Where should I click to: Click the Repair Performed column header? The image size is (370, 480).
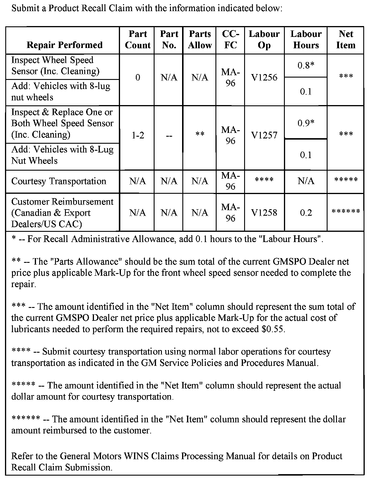click(64, 45)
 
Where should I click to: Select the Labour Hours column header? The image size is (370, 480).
click(306, 40)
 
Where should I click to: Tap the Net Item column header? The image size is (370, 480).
click(346, 40)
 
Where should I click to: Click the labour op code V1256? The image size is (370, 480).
click(264, 78)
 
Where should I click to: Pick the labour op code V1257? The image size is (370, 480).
click(264, 135)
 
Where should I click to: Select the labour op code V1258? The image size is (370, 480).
click(264, 213)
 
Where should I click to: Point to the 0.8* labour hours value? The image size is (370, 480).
click(306, 66)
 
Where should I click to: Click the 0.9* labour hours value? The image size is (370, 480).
click(306, 123)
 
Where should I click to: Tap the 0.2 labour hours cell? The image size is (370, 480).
click(306, 213)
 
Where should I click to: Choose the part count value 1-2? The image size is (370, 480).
click(138, 136)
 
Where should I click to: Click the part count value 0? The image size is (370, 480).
click(138, 78)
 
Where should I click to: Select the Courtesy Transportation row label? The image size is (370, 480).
click(59, 181)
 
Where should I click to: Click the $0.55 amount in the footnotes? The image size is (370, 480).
click(273, 329)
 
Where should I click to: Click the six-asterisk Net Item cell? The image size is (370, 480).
click(346, 211)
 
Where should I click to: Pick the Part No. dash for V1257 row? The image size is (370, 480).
click(169, 136)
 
